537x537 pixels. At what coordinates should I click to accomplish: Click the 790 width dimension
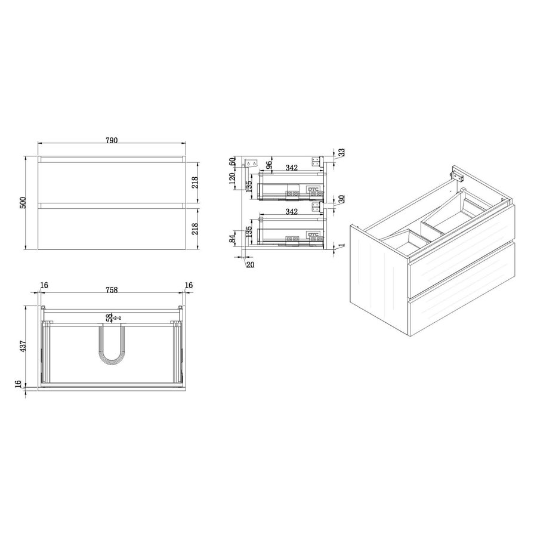112,140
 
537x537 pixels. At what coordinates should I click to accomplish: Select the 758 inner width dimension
112,290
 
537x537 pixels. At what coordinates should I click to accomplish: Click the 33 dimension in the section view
341,153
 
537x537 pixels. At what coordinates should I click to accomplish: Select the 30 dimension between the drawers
341,199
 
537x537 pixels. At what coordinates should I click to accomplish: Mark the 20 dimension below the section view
249,264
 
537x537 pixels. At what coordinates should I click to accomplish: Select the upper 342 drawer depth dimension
291,168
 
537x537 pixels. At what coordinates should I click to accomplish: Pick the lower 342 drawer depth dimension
291,212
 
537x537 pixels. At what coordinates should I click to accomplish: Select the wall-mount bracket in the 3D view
458,175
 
